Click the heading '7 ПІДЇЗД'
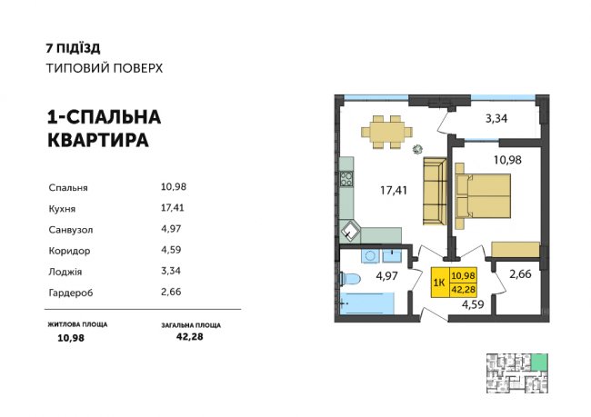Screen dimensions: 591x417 click(x=73, y=48)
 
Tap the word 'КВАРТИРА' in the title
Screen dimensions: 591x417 click(x=98, y=140)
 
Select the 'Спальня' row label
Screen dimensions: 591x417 click(x=68, y=187)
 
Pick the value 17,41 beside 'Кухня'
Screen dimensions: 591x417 click(x=172, y=207)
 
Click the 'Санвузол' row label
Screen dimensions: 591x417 click(x=71, y=230)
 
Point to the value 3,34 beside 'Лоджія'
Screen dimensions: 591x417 click(x=171, y=271)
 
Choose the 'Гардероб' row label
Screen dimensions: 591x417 click(x=71, y=293)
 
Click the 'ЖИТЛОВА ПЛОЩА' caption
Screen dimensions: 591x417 click(x=77, y=324)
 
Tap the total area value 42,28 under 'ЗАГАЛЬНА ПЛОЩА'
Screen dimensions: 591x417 click(x=190, y=336)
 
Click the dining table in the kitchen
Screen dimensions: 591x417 click(x=386, y=133)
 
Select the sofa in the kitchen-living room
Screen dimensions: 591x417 click(x=435, y=191)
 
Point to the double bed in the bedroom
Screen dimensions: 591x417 click(x=483, y=196)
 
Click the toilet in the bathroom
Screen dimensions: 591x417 click(x=350, y=279)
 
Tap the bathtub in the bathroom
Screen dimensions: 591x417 click(x=366, y=303)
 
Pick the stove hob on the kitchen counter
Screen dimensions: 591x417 click(x=346, y=179)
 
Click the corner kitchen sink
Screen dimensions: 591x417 click(x=350, y=232)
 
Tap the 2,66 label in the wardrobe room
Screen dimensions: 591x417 click(x=520, y=273)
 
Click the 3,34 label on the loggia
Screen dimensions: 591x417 click(x=496, y=119)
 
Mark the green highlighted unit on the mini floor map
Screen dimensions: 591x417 click(x=539, y=362)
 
